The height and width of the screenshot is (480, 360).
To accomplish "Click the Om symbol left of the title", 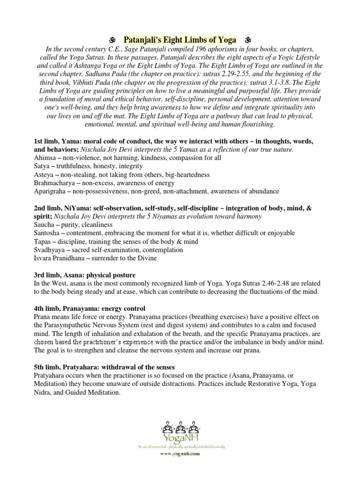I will point(112,40).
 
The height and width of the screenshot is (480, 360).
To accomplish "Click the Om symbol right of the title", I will point(248,40).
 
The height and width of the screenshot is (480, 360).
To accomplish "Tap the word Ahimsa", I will point(45,157).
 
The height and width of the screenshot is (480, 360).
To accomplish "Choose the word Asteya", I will point(44,174).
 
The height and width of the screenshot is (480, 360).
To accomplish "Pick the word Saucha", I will point(45,225).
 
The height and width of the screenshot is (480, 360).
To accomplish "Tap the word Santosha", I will point(47,233).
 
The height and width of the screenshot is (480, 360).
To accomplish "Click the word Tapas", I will point(43,241).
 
